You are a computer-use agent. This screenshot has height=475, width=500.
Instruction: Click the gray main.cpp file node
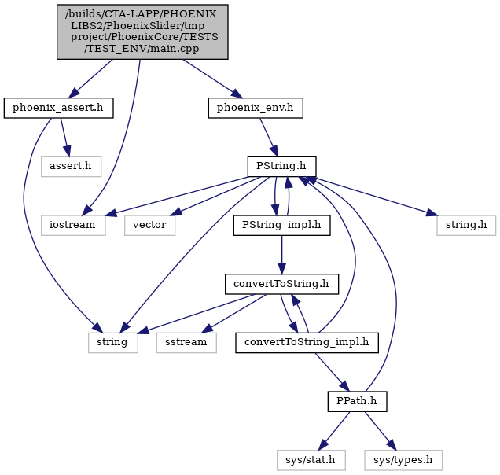click(x=142, y=31)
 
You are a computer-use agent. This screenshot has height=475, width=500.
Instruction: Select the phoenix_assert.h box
click(x=58, y=108)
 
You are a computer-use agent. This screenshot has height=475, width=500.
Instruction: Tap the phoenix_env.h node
click(x=256, y=108)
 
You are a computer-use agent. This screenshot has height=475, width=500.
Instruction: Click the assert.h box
click(x=71, y=166)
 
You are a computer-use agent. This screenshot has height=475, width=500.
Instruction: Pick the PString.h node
click(x=281, y=166)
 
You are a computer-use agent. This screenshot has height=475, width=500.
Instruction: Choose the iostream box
click(x=73, y=225)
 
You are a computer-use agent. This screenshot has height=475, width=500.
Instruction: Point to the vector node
click(x=149, y=225)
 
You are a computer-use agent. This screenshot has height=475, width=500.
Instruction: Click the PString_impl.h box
click(x=281, y=225)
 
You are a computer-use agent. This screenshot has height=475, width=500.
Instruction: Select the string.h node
click(x=466, y=225)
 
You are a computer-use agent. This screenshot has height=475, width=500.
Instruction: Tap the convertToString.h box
click(x=281, y=284)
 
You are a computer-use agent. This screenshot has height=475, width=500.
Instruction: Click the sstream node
click(x=186, y=343)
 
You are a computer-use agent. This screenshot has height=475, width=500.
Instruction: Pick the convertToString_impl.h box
click(x=307, y=343)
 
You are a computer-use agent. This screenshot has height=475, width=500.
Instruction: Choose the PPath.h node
click(x=357, y=401)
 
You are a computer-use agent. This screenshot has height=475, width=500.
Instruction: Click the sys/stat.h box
click(x=311, y=460)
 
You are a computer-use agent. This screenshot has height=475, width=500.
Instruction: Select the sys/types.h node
click(x=403, y=460)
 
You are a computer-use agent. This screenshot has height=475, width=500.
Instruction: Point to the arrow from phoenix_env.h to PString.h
click(x=269, y=137)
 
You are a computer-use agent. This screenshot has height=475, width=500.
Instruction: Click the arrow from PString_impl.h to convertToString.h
click(x=281, y=255)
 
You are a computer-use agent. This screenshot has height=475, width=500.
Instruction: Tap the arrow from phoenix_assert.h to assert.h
click(x=64, y=137)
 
